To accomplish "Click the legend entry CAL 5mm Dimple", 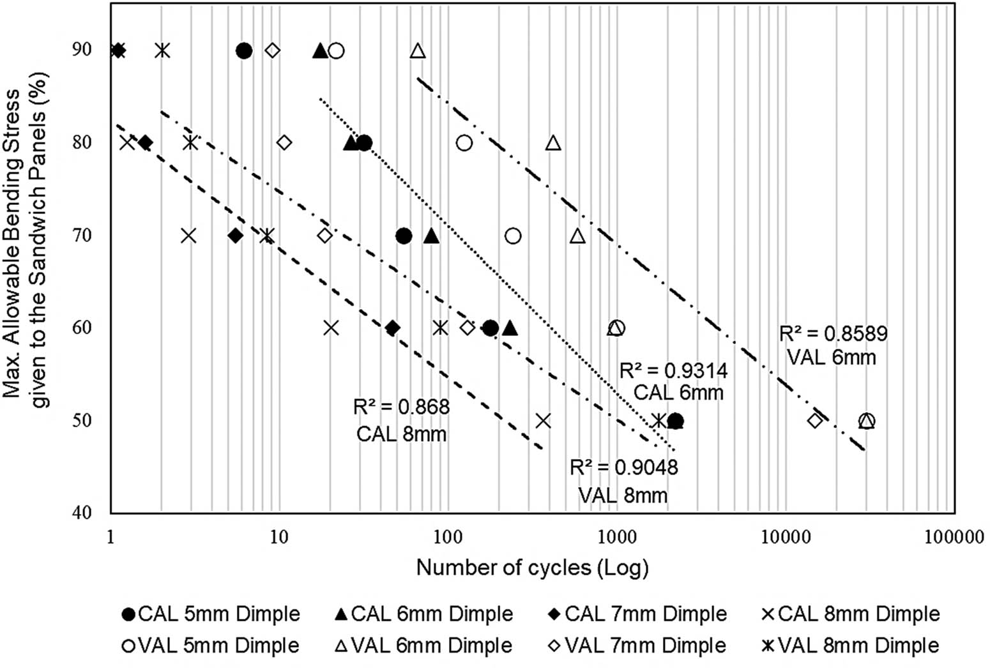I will [x=210, y=614].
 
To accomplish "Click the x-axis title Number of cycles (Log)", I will [x=532, y=567].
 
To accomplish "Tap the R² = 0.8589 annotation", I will [x=833, y=334].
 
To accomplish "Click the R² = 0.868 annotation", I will [x=401, y=407].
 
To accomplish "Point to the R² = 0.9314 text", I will [x=674, y=370].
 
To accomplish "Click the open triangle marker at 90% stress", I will [x=418, y=50].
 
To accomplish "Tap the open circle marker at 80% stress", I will [x=464, y=143].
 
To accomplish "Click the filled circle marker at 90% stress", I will [x=244, y=50].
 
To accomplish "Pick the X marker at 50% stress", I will [x=543, y=421].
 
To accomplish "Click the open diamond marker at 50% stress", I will [x=814, y=421].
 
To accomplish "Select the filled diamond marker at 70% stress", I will [x=235, y=236].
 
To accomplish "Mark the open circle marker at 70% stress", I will [x=513, y=236].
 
